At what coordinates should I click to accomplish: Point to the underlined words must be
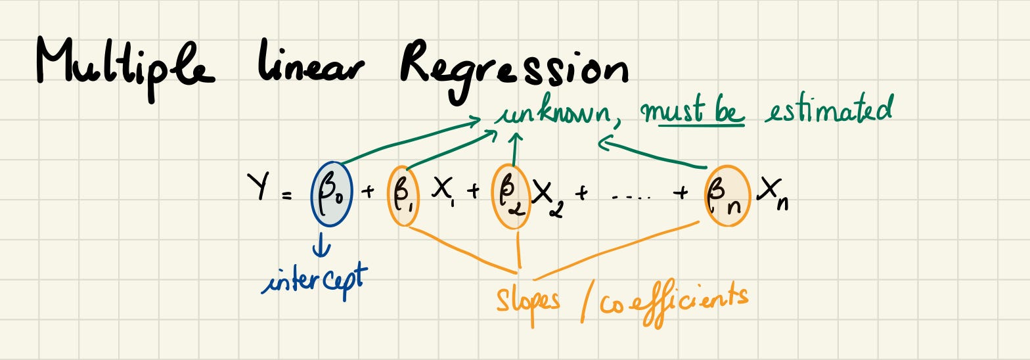[696, 112]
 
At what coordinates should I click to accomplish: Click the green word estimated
[828, 110]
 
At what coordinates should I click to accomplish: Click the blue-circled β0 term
[332, 194]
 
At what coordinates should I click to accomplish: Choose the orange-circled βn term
[727, 196]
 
